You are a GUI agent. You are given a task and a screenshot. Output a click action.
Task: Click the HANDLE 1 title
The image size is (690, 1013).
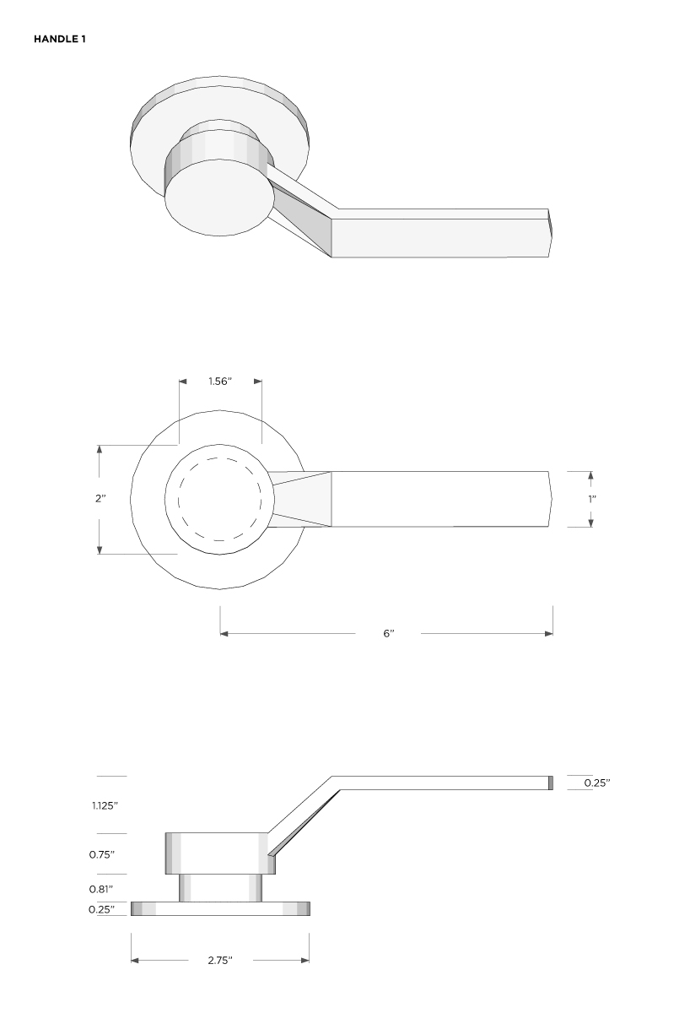pos(59,39)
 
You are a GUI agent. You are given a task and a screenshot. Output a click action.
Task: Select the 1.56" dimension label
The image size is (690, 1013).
pos(220,382)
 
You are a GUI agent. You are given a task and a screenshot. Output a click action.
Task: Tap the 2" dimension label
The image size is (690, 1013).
pos(100,499)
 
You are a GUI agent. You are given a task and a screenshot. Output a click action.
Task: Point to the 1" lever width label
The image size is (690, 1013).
pos(591,499)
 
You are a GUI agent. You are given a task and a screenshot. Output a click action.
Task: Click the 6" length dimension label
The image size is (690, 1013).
pos(388,633)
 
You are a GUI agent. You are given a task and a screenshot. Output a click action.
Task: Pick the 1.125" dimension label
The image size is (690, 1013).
pos(105,805)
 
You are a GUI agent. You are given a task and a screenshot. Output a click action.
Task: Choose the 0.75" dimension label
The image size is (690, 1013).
pos(102,854)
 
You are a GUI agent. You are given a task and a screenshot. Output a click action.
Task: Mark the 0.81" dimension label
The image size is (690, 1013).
pos(102,889)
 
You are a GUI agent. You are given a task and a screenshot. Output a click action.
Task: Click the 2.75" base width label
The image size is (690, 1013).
pos(219,961)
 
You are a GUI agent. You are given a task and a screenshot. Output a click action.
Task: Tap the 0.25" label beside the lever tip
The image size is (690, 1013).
pos(597,783)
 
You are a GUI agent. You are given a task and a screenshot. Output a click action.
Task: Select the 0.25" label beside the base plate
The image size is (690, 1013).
pos(102,909)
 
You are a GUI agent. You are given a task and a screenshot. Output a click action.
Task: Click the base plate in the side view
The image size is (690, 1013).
pos(220,909)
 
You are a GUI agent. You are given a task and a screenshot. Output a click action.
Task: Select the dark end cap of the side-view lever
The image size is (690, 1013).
pos(550,783)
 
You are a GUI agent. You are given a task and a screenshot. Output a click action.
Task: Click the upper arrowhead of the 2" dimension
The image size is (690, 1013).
pos(100,449)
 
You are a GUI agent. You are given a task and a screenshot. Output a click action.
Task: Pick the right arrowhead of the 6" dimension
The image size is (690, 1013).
pos(549,633)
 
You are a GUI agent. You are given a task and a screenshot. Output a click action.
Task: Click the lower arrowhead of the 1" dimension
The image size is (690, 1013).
pos(590,523)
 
